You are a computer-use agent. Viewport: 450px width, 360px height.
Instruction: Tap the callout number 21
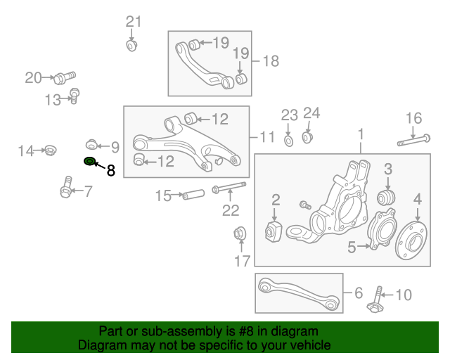click(x=134, y=21)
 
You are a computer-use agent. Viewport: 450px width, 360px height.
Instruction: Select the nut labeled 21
click(x=131, y=46)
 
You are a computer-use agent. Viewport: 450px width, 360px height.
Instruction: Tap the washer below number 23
click(x=289, y=141)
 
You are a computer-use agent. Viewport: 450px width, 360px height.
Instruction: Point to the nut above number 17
click(x=239, y=234)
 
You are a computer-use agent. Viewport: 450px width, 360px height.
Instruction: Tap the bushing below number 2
click(x=274, y=231)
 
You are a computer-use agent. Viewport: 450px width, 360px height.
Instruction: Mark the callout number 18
click(x=270, y=61)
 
